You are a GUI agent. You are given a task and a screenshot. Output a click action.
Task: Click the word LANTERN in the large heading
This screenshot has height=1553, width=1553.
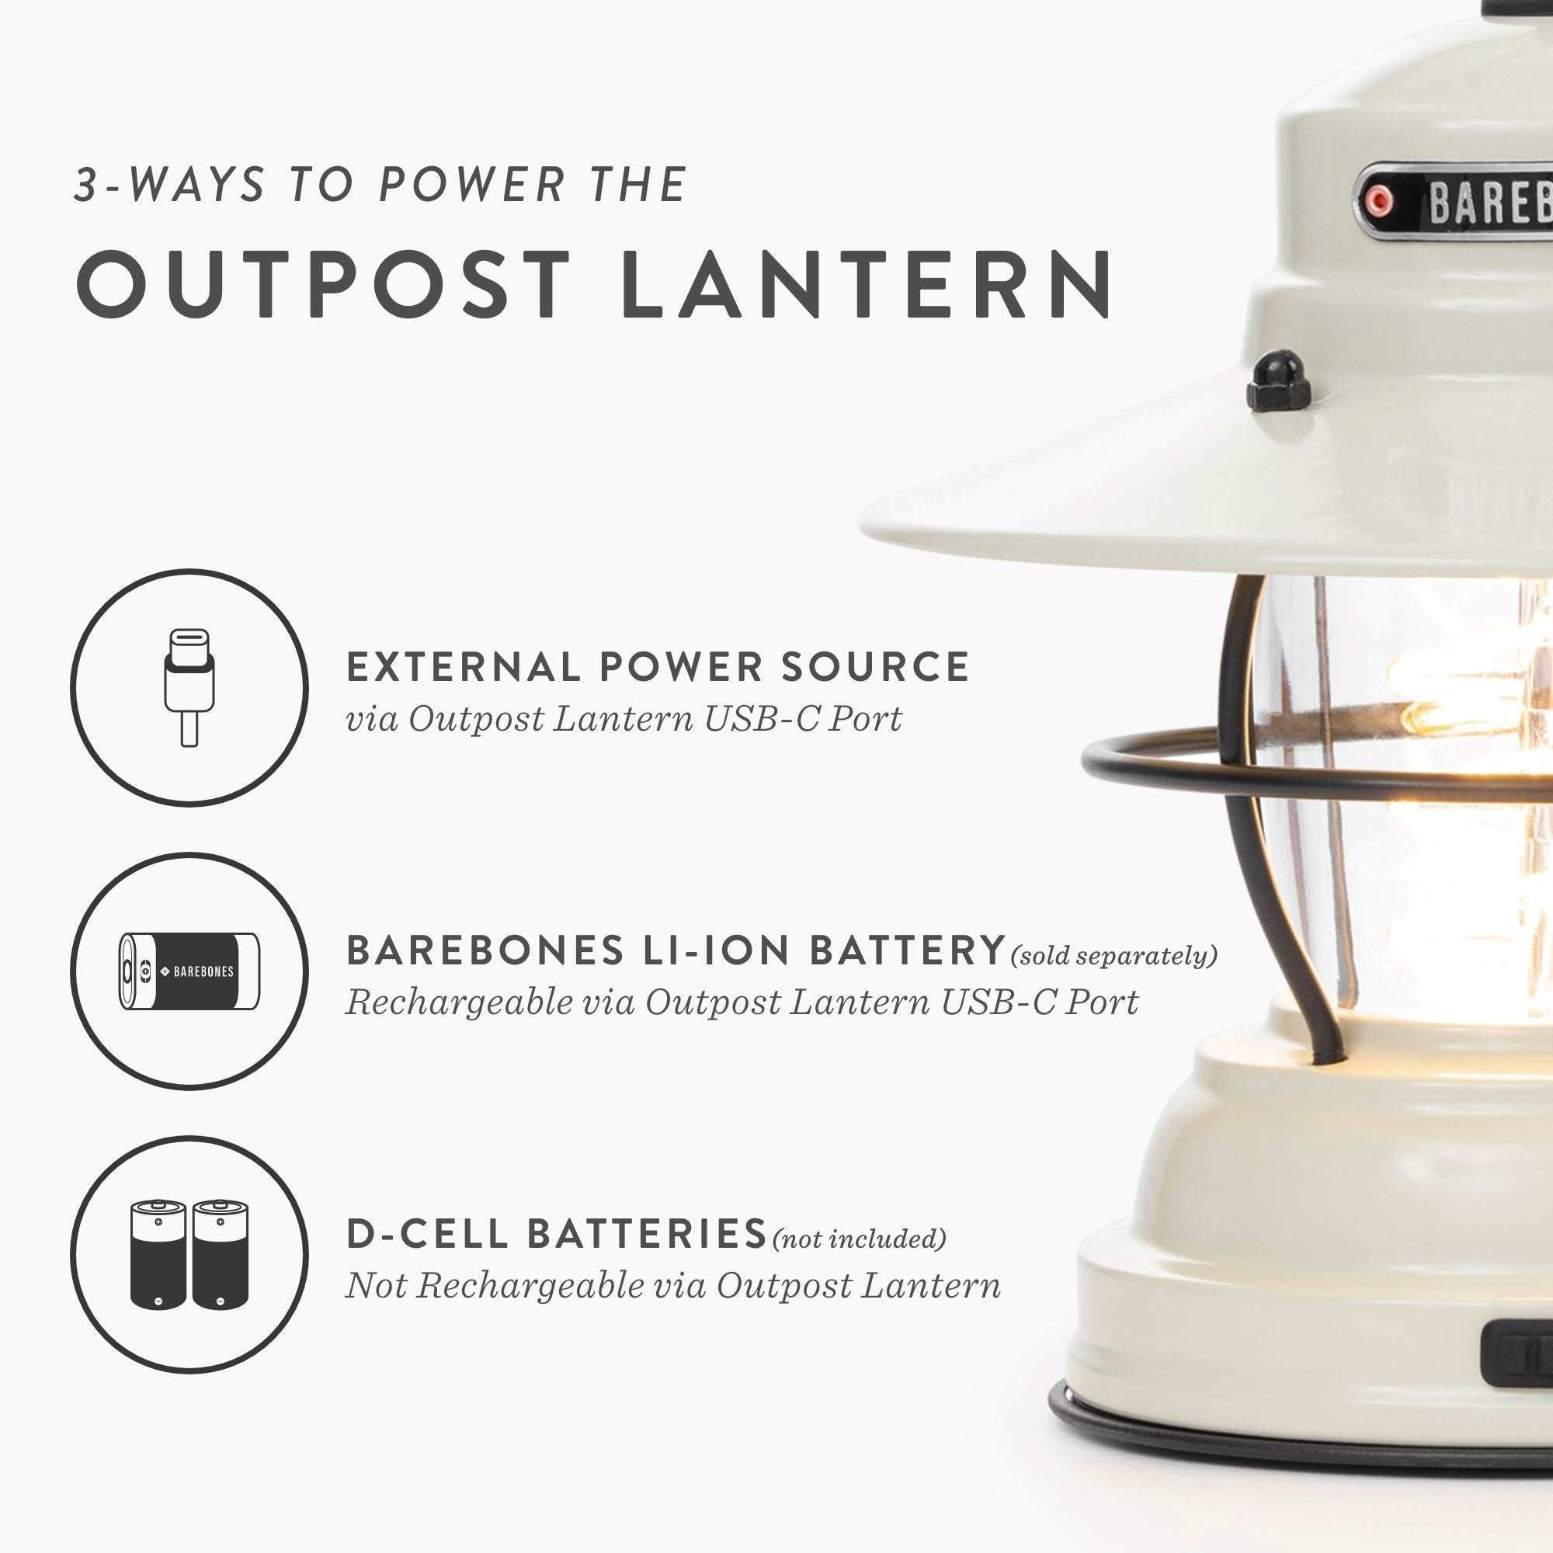[867, 283]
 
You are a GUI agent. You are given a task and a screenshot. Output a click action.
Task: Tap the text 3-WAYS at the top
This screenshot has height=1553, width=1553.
[169, 185]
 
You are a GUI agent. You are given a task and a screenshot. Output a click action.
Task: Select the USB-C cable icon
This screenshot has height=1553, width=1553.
[189, 687]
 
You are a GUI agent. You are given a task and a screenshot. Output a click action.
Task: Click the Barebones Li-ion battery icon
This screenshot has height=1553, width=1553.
[189, 971]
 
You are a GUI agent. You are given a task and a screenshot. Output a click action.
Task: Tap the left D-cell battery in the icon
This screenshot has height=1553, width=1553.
[158, 1255]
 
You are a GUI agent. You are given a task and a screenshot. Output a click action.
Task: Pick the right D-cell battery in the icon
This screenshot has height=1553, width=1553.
[221, 1255]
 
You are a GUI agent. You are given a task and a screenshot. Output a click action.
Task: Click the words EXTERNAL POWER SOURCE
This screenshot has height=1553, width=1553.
[658, 667]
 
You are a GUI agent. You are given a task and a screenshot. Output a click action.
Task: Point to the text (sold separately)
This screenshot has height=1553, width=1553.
[1114, 956]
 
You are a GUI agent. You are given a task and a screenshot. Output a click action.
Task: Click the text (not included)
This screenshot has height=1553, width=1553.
[859, 1239]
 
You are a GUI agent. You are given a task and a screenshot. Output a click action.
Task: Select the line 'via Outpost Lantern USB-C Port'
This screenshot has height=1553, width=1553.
[624, 718]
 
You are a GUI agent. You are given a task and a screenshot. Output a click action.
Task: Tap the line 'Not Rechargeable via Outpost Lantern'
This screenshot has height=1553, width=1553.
[672, 1285]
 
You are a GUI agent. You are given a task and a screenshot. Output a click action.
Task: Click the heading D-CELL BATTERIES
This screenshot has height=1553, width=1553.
[556, 1235]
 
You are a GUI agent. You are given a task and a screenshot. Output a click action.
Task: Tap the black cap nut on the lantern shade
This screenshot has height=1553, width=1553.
[1278, 380]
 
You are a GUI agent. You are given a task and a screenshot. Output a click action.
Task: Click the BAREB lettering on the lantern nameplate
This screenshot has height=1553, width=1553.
[1487, 203]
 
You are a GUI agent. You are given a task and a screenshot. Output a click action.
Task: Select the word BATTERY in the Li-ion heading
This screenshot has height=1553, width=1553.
[908, 951]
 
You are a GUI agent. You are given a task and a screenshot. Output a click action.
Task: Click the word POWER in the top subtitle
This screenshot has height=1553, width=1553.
[473, 185]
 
